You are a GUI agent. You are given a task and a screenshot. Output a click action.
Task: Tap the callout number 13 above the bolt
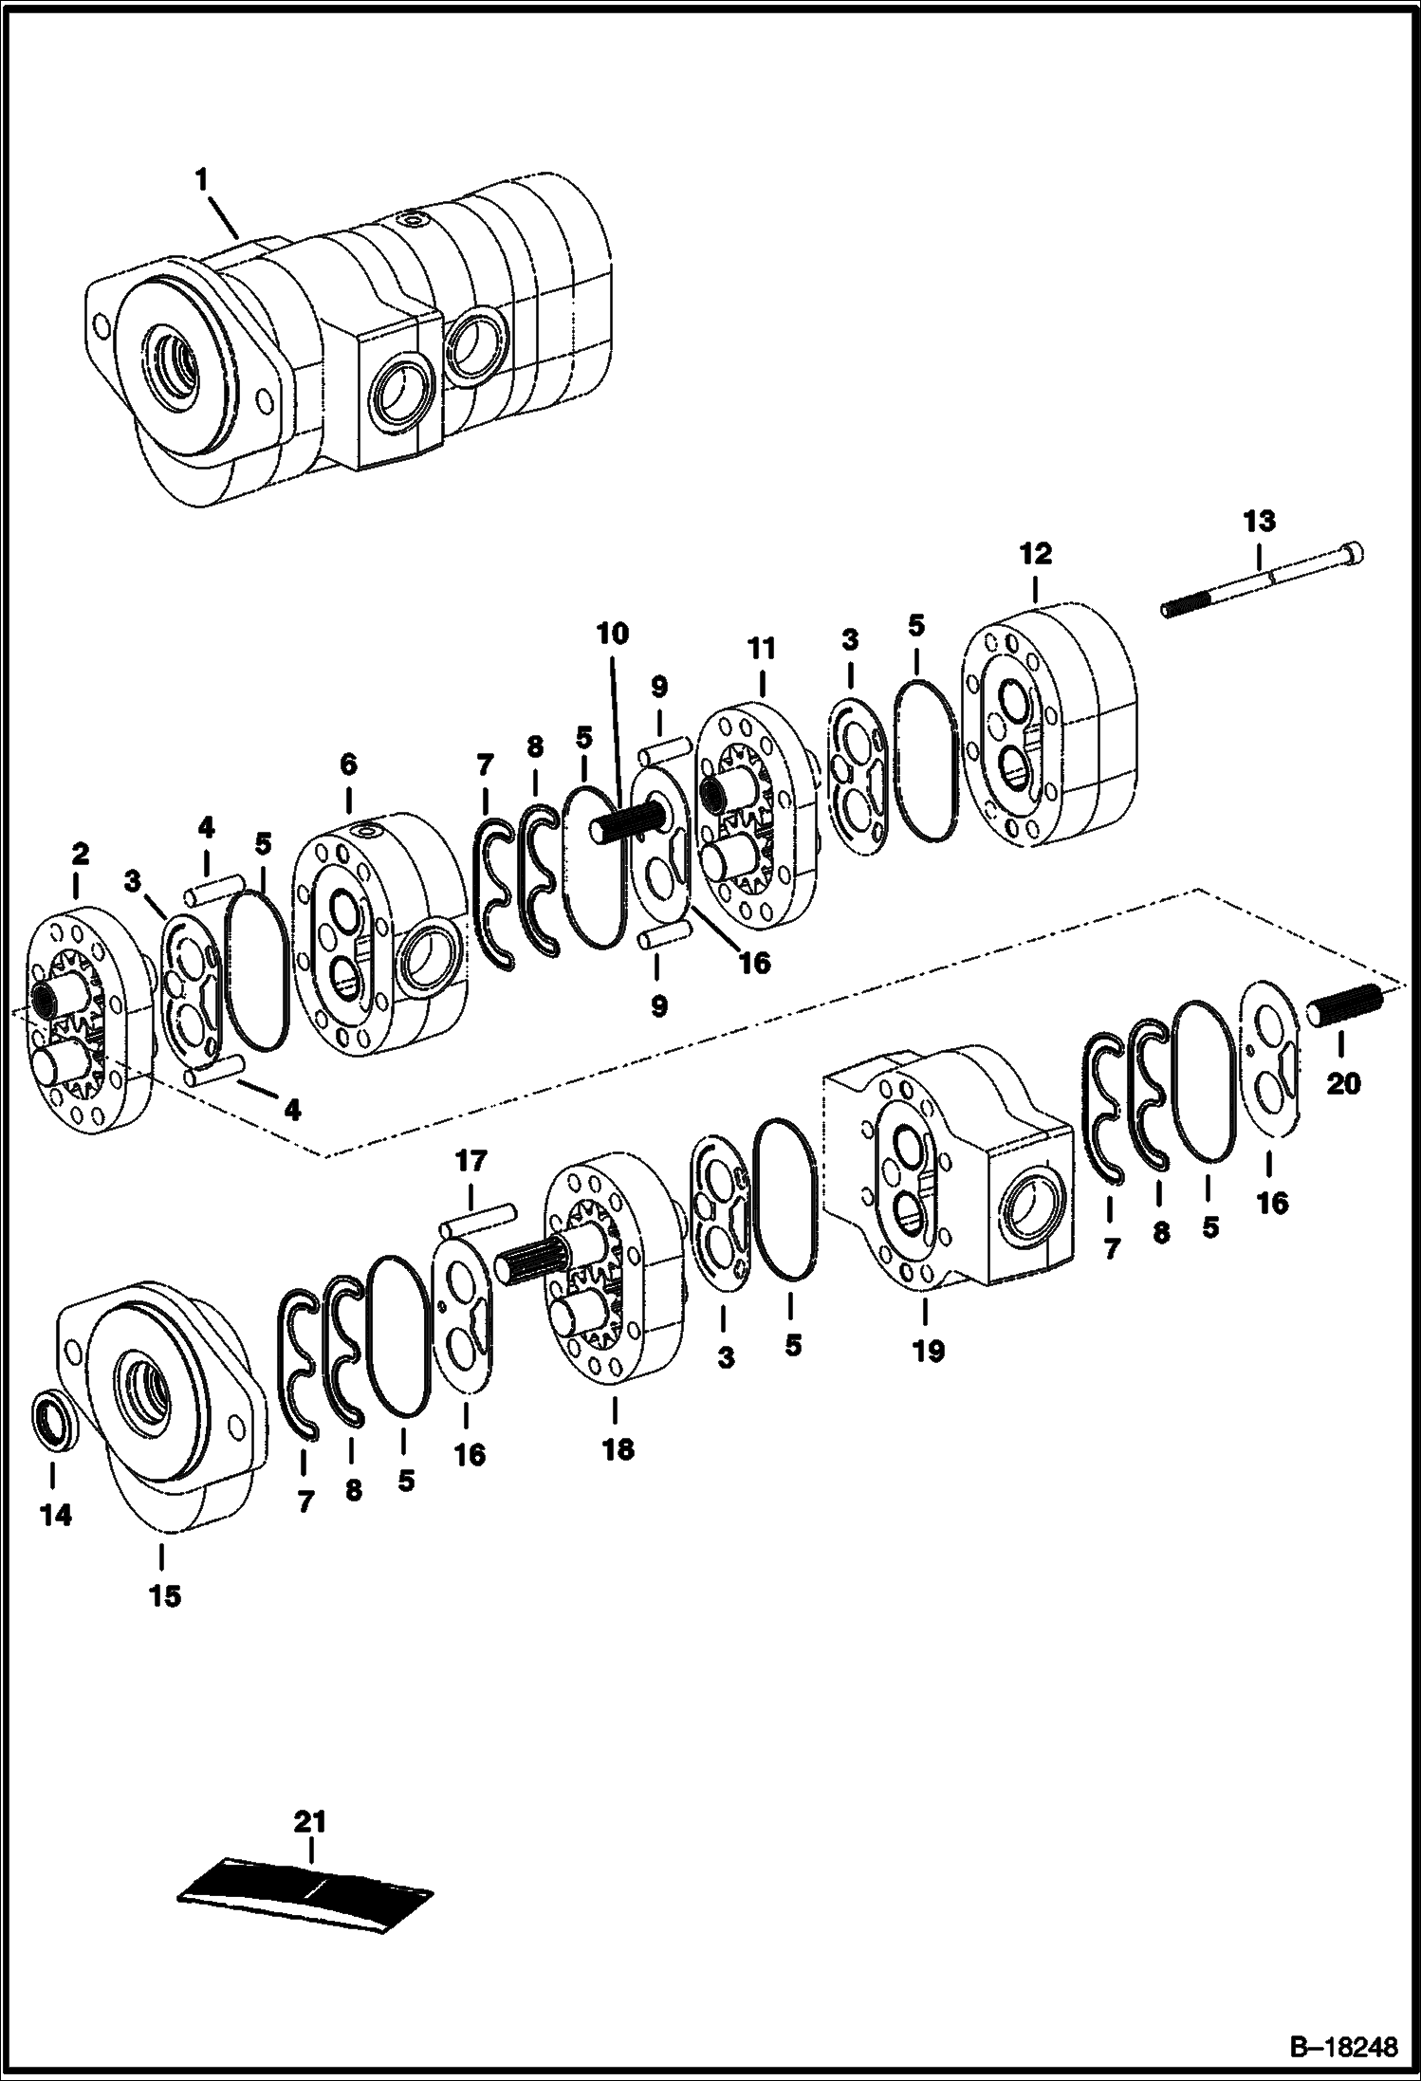pyautogui.click(x=1260, y=522)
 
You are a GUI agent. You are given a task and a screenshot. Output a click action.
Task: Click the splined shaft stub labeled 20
pyautogui.click(x=1344, y=1005)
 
